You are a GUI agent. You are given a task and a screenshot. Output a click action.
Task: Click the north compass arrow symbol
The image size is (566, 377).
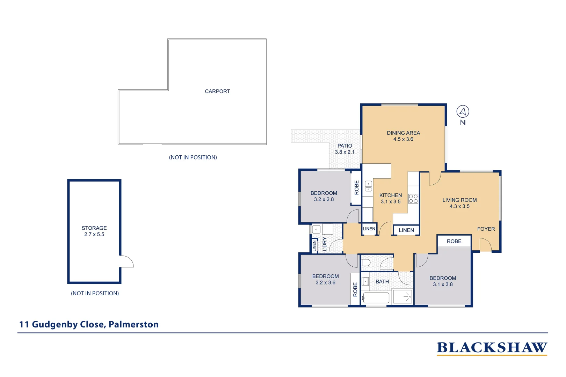(x=463, y=112)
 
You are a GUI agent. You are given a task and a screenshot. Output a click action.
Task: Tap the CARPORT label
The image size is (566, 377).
(x=217, y=91)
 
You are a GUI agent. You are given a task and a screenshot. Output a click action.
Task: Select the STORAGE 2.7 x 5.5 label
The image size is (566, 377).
(x=94, y=231)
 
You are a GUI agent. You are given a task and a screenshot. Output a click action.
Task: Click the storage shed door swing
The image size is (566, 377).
(x=126, y=261)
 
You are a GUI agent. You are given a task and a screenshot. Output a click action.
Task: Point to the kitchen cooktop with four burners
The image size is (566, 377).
(x=413, y=199)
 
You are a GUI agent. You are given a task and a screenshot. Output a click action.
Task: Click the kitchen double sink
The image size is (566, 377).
(x=368, y=186)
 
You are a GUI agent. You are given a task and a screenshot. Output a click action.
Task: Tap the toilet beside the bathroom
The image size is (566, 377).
(x=366, y=262)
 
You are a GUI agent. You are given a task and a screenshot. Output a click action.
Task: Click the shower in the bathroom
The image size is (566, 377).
(x=402, y=297)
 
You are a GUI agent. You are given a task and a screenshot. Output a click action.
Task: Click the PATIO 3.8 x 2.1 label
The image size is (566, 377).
(x=344, y=149)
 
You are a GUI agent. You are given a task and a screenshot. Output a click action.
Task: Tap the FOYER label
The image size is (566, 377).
(x=486, y=229)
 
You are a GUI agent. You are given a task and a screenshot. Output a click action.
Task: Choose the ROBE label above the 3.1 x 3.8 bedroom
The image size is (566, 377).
(x=454, y=241)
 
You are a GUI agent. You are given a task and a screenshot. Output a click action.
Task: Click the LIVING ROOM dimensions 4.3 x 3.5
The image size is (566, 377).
(x=459, y=206)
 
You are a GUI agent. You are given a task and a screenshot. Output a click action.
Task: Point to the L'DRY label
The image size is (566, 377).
(x=325, y=244)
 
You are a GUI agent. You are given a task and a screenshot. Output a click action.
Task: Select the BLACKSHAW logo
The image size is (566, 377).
(x=492, y=348)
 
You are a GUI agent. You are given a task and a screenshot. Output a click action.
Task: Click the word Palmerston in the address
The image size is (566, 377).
(x=133, y=324)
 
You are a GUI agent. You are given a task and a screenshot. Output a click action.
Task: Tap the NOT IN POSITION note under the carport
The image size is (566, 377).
(x=193, y=157)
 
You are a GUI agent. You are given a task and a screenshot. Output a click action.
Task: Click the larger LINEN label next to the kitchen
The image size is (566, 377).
(x=406, y=230)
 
